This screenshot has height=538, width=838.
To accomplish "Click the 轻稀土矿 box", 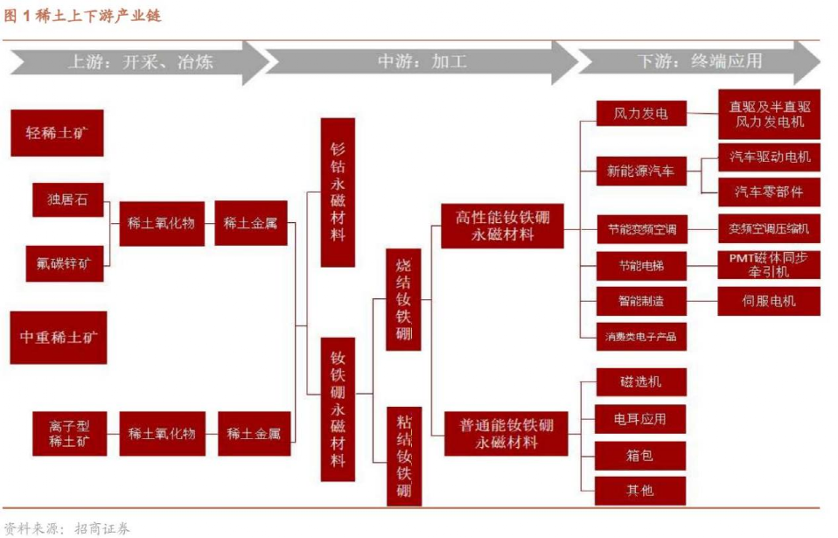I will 57,133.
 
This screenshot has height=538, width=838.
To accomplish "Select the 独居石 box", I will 67,199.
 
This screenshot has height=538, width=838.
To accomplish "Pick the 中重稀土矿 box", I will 59,337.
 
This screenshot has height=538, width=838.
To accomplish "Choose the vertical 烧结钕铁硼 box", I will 403,299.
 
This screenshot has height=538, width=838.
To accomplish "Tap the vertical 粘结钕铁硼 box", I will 403,455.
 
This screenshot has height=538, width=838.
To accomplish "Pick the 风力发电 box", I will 641,114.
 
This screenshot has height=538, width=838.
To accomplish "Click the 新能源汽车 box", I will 641,171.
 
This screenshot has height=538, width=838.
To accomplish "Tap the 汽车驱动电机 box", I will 770,157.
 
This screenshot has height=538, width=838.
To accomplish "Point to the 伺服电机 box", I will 770,301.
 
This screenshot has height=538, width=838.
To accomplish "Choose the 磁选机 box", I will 641,382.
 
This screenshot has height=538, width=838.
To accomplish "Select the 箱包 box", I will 641,455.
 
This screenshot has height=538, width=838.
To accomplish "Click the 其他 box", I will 641,490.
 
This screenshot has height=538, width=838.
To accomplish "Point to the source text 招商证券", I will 102,528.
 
